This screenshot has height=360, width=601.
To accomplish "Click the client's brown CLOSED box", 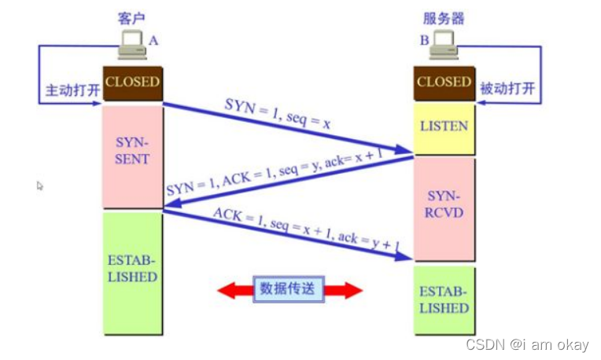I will click(132, 83).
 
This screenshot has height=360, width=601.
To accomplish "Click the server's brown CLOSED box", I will click(444, 83).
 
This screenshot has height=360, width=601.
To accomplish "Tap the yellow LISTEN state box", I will click(444, 127).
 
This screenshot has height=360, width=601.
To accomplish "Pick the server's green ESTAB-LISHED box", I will click(444, 299).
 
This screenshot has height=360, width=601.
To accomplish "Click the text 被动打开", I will click(507, 89).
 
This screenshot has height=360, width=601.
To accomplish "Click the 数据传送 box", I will click(289, 289).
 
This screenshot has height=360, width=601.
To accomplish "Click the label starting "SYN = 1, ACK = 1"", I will click(275, 174).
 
